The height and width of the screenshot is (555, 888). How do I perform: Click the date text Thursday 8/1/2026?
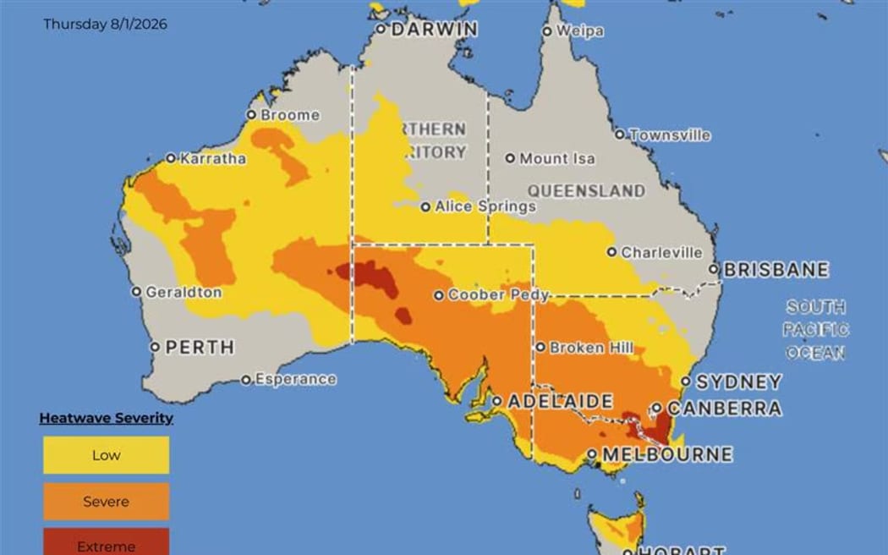tap(105, 25)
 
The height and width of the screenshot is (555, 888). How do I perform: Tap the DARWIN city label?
tap(434, 29)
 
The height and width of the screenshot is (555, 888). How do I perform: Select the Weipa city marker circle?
tap(547, 31)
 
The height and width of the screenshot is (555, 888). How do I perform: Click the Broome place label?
tap(290, 115)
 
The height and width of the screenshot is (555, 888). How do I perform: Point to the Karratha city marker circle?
tap(171, 158)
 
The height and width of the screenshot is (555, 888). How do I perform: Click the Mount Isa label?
tap(556, 158)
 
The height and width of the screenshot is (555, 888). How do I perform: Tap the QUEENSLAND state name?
tap(586, 190)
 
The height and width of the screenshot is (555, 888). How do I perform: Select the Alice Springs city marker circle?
tap(426, 206)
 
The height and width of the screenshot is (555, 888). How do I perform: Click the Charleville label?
tap(661, 252)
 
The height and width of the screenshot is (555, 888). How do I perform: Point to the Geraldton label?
tap(184, 292)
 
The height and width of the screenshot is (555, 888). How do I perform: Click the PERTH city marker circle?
tap(155, 347)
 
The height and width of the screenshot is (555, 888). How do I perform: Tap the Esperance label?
tap(295, 380)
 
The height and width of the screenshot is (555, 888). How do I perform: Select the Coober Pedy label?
tap(497, 295)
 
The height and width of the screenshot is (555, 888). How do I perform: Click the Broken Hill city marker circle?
tap(540, 347)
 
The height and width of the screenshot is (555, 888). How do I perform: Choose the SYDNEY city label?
tap(738, 382)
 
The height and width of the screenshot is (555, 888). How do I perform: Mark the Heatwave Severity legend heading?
tap(106, 418)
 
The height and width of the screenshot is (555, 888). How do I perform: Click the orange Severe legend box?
tap(106, 502)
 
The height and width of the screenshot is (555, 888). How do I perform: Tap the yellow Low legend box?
tap(106, 455)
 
